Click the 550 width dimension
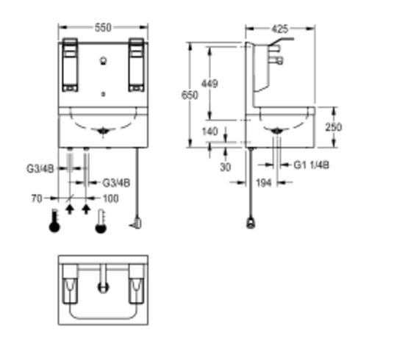tap(103, 28)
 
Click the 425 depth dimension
tap(280, 29)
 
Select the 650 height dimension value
tap(190, 96)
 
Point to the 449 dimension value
tap(210, 84)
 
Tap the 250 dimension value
tap(333, 127)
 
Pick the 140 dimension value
tap(210, 132)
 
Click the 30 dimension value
tap(226, 168)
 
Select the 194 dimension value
tap(264, 183)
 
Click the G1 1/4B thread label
tap(311, 165)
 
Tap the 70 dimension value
tap(37, 198)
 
